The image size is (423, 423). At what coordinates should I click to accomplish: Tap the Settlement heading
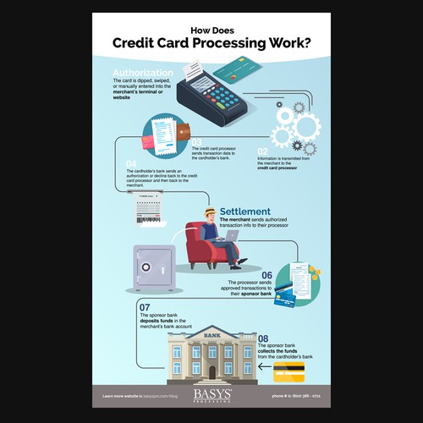(x=245, y=211)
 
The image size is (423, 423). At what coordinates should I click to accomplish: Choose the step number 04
(x=131, y=162)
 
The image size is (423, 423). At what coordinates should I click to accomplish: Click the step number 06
(x=266, y=275)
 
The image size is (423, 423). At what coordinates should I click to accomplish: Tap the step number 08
(x=263, y=338)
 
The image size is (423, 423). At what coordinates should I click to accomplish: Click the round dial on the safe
(x=146, y=268)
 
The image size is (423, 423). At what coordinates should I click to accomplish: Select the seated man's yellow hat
(x=210, y=208)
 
